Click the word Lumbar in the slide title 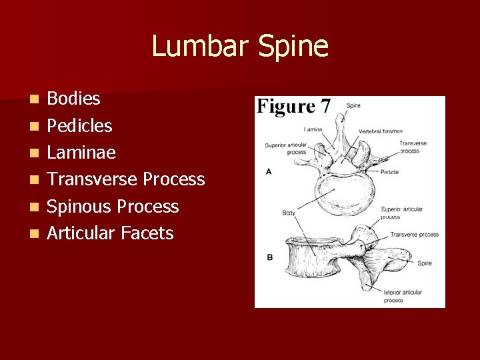pyautogui.click(x=197, y=47)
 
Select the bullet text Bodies pyautogui.click(x=73, y=99)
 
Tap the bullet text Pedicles pyautogui.click(x=79, y=125)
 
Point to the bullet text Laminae pyautogui.click(x=81, y=153)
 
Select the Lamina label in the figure pyautogui.click(x=313, y=129)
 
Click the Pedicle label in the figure pyautogui.click(x=389, y=172)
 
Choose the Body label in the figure pyautogui.click(x=289, y=213)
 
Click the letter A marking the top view pyautogui.click(x=268, y=171)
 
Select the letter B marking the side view pyautogui.click(x=269, y=257)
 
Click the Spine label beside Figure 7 pyautogui.click(x=353, y=105)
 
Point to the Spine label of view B pyautogui.click(x=425, y=263)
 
